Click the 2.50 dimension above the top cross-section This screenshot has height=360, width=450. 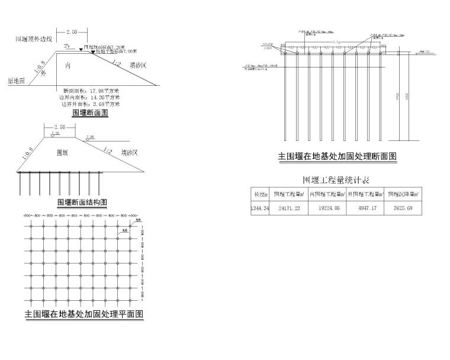[71, 31]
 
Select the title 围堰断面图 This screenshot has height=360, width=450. [90, 112]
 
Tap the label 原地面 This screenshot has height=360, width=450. [17, 81]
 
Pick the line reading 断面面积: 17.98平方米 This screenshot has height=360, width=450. [91, 90]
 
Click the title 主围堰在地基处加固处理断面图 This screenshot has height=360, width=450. [337, 157]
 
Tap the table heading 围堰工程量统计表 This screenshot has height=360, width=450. [336, 180]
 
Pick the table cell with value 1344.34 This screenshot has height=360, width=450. [261, 208]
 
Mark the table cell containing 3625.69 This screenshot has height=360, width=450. [403, 208]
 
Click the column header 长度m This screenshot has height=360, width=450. [261, 194]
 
